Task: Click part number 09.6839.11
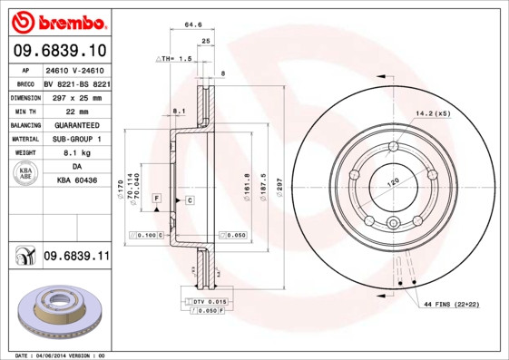76,258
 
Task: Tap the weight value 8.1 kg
76,153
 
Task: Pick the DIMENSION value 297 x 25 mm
76,95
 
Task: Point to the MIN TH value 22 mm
76,110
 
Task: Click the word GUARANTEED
76,124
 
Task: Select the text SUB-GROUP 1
76,139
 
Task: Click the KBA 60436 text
76,182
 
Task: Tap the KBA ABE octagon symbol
26,175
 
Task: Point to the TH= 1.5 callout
177,58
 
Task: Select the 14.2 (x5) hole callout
433,114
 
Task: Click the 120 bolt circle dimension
393,182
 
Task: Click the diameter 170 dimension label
122,190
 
